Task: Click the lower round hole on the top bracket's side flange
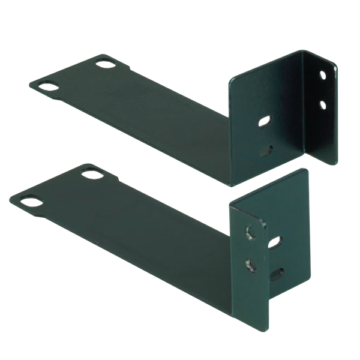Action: click(x=323, y=104)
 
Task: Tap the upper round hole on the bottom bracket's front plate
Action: click(x=247, y=231)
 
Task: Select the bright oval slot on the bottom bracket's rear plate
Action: click(x=277, y=242)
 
